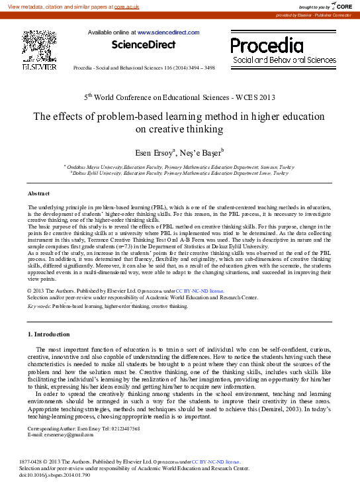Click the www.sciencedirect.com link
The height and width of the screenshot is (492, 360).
168,32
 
